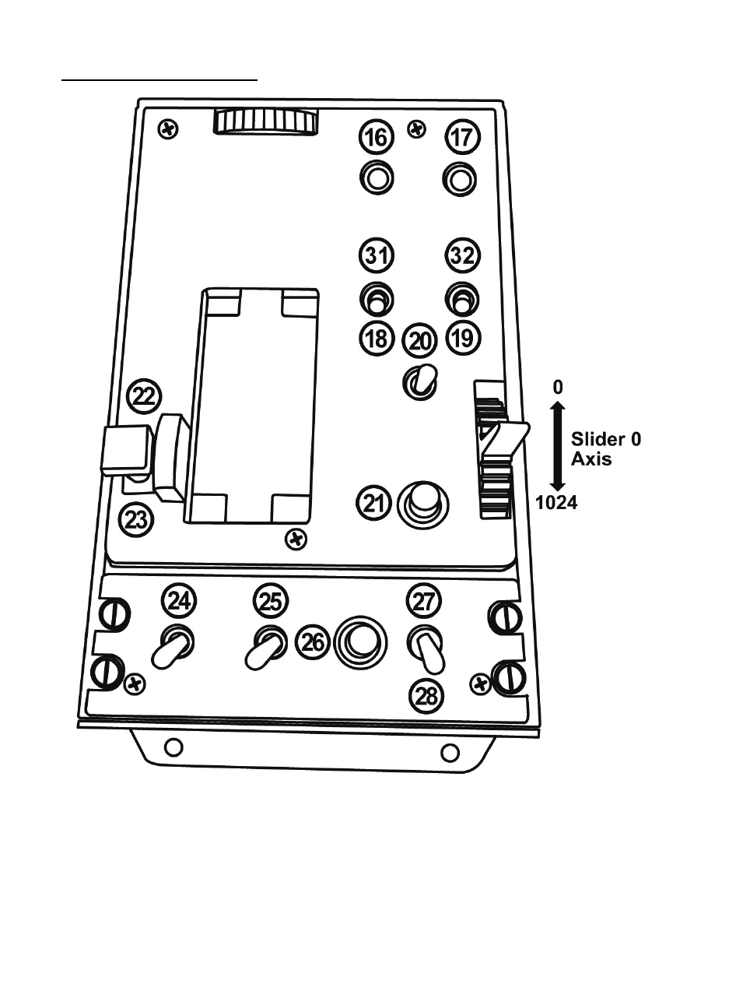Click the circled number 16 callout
pyautogui.click(x=377, y=138)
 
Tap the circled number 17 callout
pyautogui.click(x=462, y=138)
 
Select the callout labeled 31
pyautogui.click(x=377, y=255)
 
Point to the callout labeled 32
pyautogui.click(x=463, y=255)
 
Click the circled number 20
pyautogui.click(x=420, y=340)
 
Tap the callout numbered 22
pyautogui.click(x=143, y=396)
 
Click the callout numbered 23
pyautogui.click(x=136, y=518)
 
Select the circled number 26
pyautogui.click(x=313, y=642)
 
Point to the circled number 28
pyautogui.click(x=426, y=695)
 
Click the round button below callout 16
pyautogui.click(x=377, y=178)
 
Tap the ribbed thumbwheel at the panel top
pyautogui.click(x=266, y=122)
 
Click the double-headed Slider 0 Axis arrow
pyautogui.click(x=556, y=445)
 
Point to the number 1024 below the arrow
pyautogui.click(x=556, y=502)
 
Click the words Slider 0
pyautogui.click(x=606, y=438)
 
